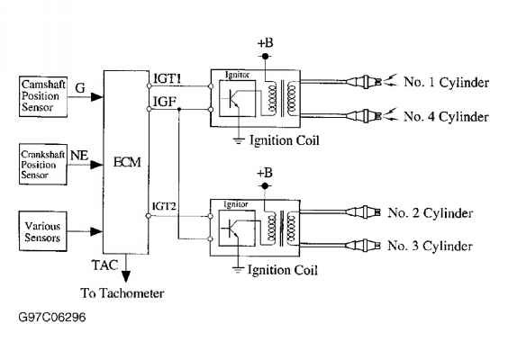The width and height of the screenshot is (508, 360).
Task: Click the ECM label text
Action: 127,162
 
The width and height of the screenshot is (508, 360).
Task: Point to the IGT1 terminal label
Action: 168,78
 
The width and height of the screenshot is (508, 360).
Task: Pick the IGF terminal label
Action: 165,102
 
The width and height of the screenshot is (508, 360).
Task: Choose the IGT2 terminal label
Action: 164,206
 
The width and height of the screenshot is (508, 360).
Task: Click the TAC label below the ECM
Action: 104,265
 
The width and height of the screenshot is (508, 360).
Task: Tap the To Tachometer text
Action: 122,293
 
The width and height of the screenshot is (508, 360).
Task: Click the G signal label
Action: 80,87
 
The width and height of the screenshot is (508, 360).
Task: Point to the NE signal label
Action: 79,156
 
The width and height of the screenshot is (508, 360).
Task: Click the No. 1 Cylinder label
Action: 446,82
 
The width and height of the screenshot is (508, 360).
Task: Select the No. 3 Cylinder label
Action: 430,246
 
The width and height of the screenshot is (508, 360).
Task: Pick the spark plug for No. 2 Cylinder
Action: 363,212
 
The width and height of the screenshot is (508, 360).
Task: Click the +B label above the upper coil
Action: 266,42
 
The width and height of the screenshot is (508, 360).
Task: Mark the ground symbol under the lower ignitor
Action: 238,269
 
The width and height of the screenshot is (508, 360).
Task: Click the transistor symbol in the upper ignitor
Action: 233,99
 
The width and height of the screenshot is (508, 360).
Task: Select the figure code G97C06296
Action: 52,317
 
